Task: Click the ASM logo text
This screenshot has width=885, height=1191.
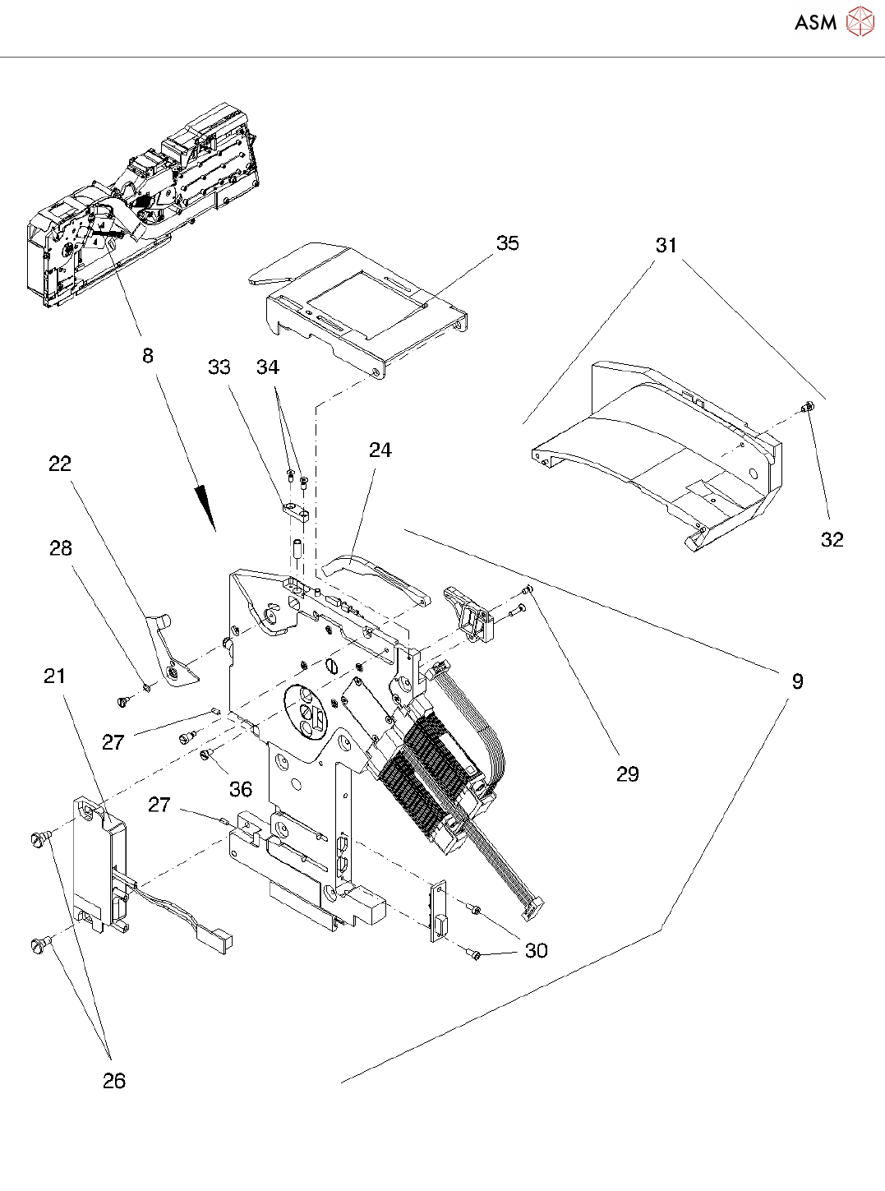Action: click(x=815, y=22)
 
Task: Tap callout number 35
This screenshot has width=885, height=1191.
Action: click(x=508, y=243)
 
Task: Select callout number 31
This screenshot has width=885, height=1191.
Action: click(x=666, y=245)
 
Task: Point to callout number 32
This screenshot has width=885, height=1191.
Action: click(x=832, y=539)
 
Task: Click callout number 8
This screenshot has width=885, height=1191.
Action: click(x=148, y=355)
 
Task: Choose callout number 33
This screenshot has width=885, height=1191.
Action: click(x=219, y=367)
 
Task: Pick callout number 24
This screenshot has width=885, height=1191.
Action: click(x=380, y=450)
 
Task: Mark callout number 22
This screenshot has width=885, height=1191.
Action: click(x=60, y=464)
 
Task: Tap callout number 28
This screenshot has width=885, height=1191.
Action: click(x=61, y=548)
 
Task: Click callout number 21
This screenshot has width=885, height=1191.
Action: click(x=54, y=676)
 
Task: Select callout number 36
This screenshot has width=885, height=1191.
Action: click(x=240, y=789)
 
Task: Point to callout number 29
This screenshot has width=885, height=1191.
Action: click(x=627, y=773)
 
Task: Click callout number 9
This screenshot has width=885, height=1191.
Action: click(x=797, y=681)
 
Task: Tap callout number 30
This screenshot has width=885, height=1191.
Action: click(x=536, y=950)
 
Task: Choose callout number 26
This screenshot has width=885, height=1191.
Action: click(x=114, y=1081)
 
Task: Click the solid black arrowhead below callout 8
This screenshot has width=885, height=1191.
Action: click(x=205, y=505)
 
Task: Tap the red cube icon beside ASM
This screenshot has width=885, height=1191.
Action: click(x=860, y=21)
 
